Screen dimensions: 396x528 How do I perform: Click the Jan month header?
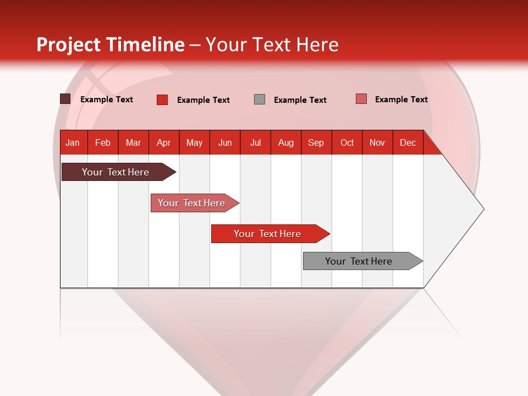pos(73,142)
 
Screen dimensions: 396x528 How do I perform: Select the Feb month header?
pos(103,142)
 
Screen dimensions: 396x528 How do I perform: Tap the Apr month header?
pos(163,142)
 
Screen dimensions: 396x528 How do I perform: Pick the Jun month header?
pos(225,142)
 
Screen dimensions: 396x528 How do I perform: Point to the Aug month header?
pos(285,142)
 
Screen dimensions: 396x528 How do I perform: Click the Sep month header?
pos(316,142)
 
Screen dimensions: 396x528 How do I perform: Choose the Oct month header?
pos(347,142)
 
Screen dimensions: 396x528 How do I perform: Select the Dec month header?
pos(408,142)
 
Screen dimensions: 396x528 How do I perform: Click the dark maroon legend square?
pos(65,99)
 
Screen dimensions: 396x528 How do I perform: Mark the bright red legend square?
pos(162,100)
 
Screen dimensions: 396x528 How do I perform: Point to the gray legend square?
pos(260,100)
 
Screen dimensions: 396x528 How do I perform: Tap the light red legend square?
pos(361,99)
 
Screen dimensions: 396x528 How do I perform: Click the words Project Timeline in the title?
pos(111,45)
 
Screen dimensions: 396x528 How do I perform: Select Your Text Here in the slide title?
pos(272,45)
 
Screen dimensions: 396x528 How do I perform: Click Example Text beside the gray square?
pos(300,100)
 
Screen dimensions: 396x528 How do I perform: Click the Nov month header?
pos(377,142)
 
